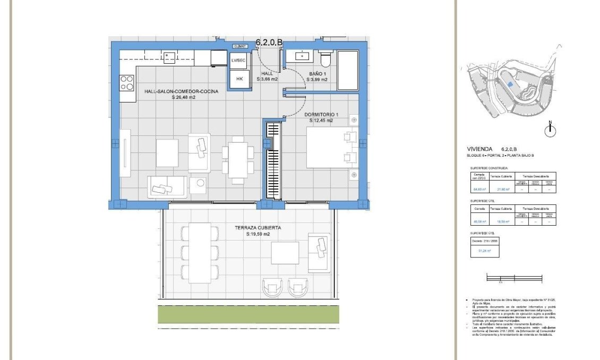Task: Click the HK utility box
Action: click(239, 79)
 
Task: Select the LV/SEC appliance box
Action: click(238, 61)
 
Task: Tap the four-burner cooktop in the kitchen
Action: click(126, 82)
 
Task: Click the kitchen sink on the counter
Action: click(169, 57)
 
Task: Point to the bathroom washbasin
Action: click(302, 55)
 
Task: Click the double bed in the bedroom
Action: click(332, 147)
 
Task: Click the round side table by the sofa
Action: click(201, 183)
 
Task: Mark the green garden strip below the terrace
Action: click(248, 313)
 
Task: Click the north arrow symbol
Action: click(551, 129)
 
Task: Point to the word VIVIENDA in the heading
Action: click(479, 149)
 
